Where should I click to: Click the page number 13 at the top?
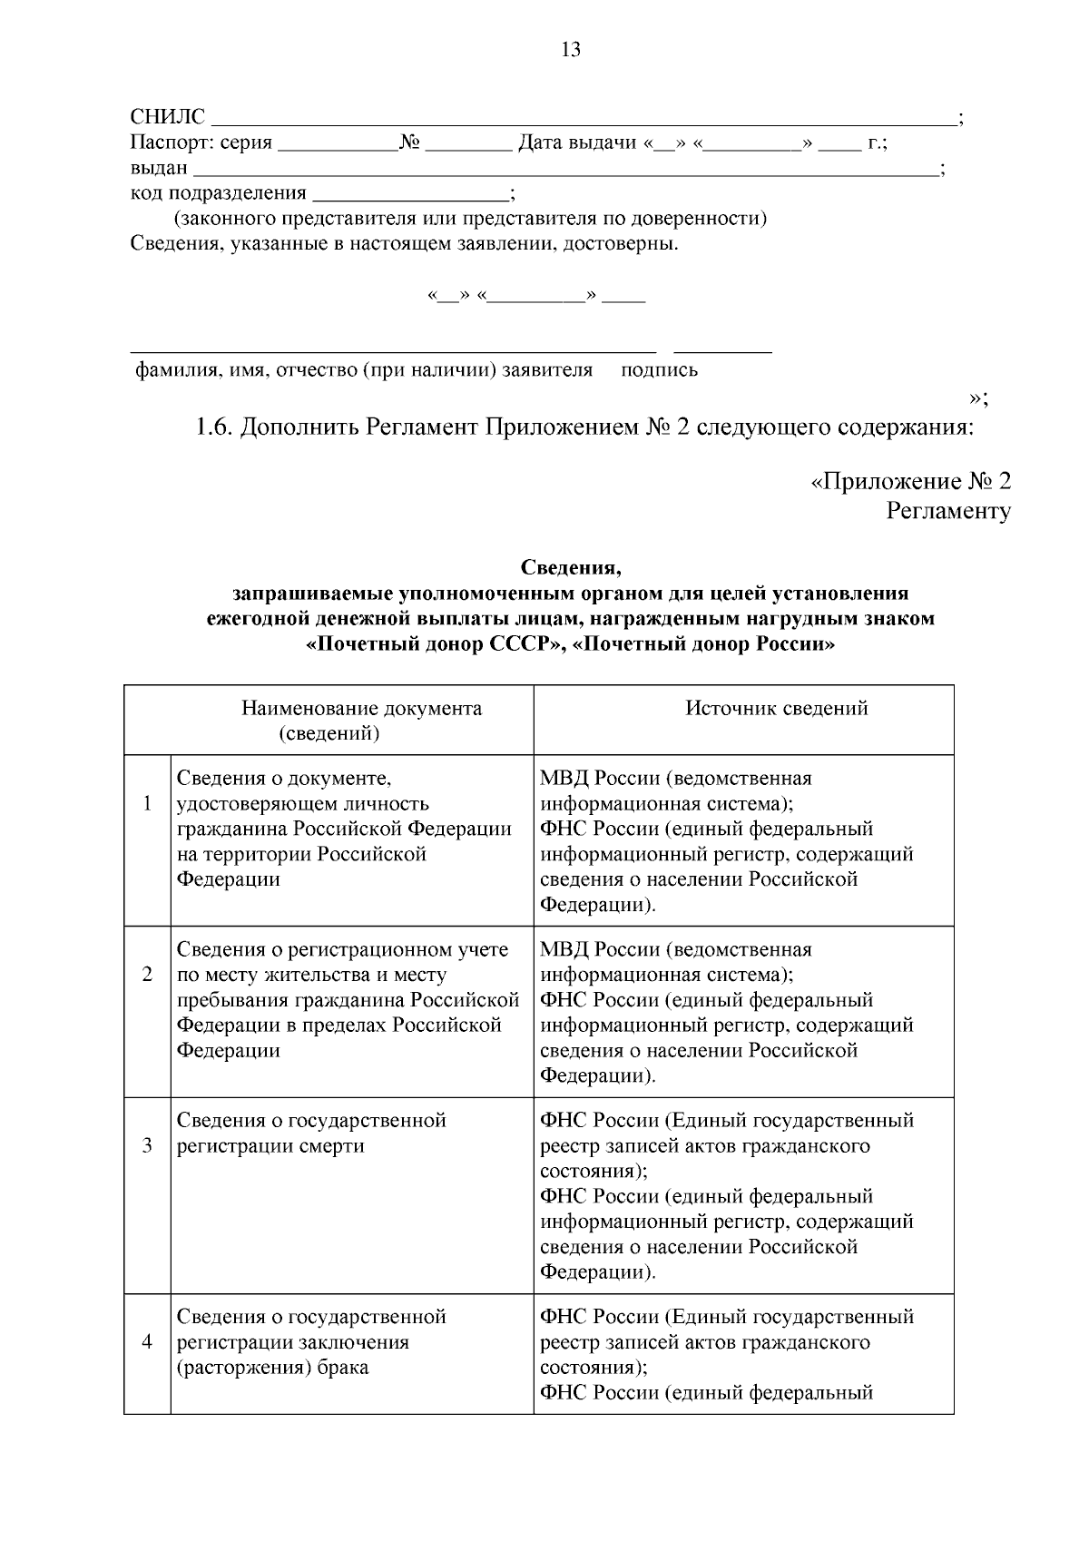tap(571, 50)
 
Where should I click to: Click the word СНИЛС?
tap(168, 118)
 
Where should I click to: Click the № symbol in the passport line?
tap(408, 142)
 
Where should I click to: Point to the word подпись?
tap(659, 370)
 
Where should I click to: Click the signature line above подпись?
tap(722, 349)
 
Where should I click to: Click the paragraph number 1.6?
tap(215, 427)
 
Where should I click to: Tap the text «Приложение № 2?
tap(910, 482)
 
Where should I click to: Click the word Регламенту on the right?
tap(947, 512)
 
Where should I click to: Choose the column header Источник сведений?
tap(776, 709)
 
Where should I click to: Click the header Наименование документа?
tap(361, 709)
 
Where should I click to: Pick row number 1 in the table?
tap(147, 804)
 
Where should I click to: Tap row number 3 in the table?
tap(147, 1145)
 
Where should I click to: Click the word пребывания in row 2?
tap(231, 1000)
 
